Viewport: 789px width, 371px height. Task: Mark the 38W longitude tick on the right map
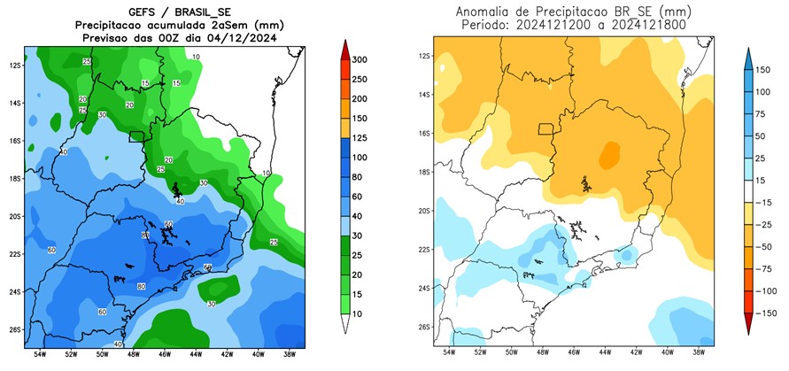click(x=700, y=352)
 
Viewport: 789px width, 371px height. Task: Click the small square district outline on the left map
click(x=136, y=136)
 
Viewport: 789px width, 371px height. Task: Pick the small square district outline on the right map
click(x=546, y=130)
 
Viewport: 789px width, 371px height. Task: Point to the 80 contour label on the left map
click(x=141, y=286)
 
